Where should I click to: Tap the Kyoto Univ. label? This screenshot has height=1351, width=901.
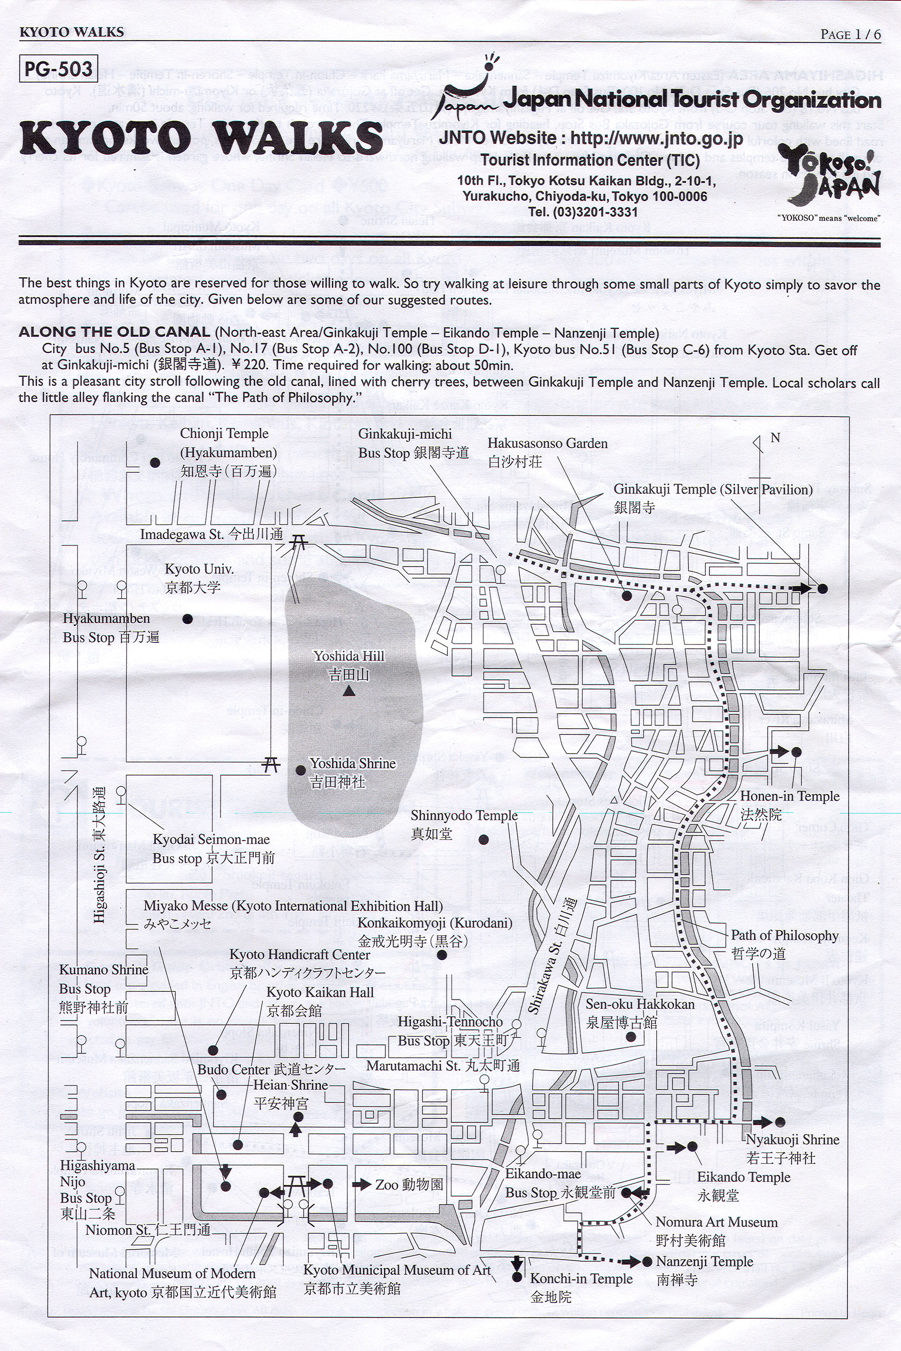point(199,577)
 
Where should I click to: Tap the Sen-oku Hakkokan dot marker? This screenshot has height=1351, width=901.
point(630,1037)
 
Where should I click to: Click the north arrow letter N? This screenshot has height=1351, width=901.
point(775,438)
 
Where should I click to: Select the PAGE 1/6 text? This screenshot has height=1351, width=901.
point(850,35)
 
